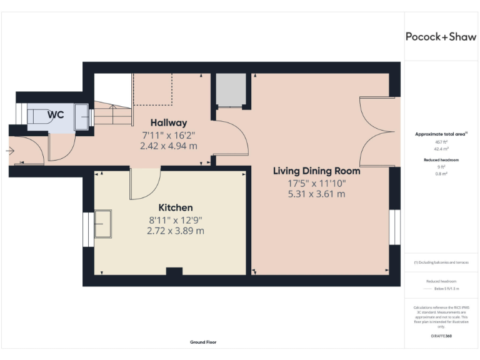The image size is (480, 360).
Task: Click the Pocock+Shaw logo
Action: click(x=441, y=36)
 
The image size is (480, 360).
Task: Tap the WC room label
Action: click(x=56, y=115)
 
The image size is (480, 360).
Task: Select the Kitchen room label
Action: click(x=175, y=207)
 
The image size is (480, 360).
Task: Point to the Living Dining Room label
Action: click(x=317, y=171)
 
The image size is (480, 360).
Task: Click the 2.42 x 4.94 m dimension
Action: click(x=169, y=146)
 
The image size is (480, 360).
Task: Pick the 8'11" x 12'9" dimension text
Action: click(x=175, y=219)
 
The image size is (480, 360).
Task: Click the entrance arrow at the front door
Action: click(x=9, y=151)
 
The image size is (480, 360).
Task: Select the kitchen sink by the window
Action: click(x=102, y=224)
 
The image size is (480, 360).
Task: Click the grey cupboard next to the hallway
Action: click(x=231, y=90)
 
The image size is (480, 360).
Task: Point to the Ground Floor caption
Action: click(x=203, y=342)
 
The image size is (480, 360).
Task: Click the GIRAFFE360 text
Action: click(x=441, y=336)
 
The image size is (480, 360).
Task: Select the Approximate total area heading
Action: click(x=441, y=134)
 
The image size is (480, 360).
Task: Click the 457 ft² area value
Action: click(x=441, y=142)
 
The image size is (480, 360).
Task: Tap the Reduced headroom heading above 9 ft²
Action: click(x=441, y=160)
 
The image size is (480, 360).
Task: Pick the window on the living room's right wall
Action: click(x=394, y=227)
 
